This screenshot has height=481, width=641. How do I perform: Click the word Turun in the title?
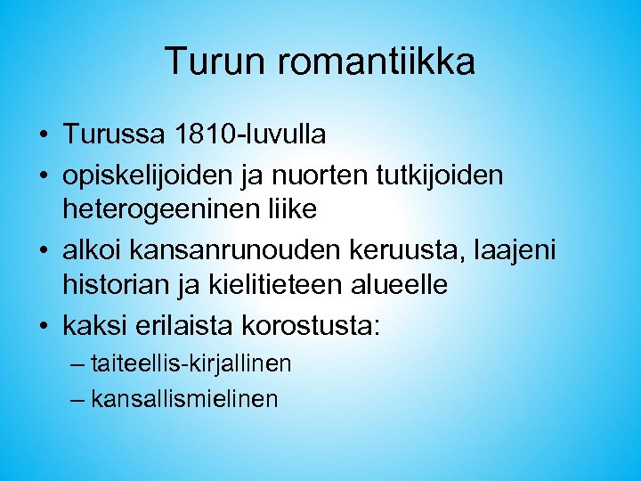209,62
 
